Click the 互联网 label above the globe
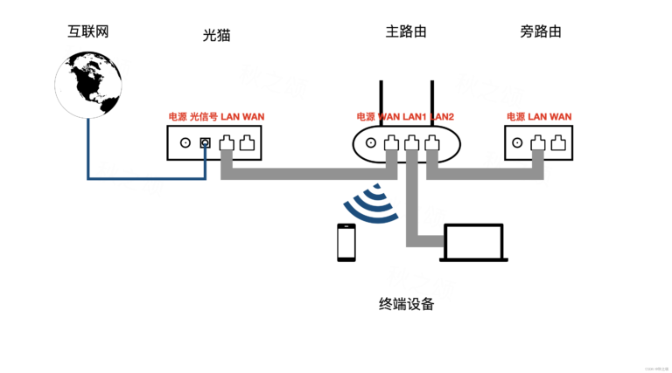coord(88,31)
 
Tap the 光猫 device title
coord(216,35)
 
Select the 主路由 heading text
coord(406,31)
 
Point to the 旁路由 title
coord(540,31)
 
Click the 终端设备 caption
coord(406,305)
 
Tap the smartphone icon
coord(346,243)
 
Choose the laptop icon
coord(474,244)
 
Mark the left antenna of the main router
coord(381,103)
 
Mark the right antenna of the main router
coord(432,103)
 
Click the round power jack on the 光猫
coord(185,142)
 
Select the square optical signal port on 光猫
coord(206,142)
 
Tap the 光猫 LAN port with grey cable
coord(227,142)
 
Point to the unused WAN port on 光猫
coord(248,142)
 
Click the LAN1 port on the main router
coord(411,142)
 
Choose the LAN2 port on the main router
coord(431,142)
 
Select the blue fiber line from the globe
coord(87,157)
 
